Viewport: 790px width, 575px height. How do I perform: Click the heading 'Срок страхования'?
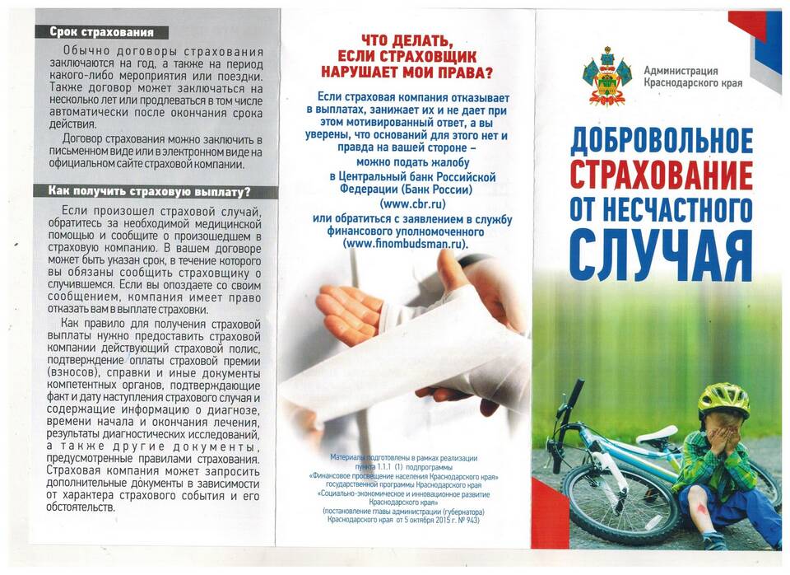101,33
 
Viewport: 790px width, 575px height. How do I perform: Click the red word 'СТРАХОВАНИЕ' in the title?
661,175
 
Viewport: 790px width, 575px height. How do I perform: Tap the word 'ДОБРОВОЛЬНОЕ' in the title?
661,141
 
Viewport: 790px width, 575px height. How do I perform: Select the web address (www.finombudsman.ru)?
405,244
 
